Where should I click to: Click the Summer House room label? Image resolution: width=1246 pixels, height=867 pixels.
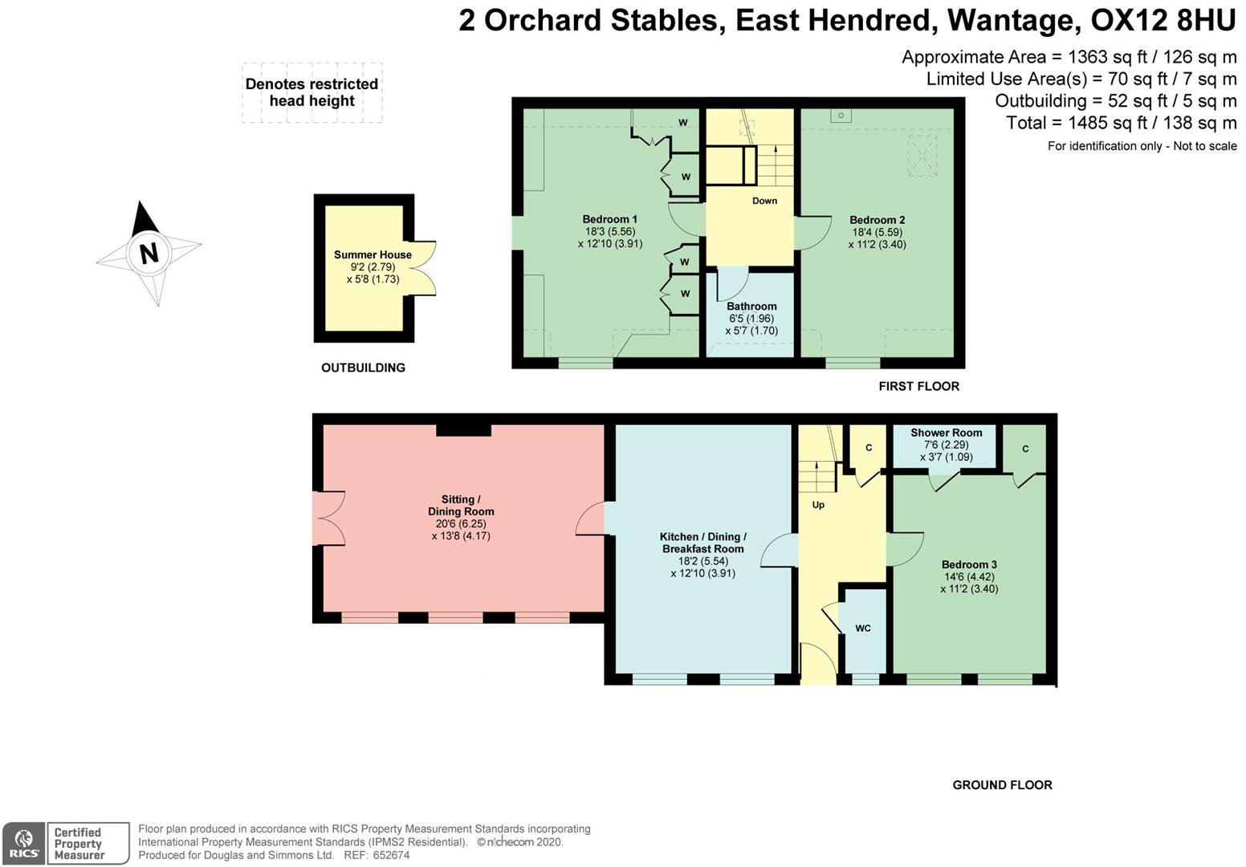pyautogui.click(x=373, y=255)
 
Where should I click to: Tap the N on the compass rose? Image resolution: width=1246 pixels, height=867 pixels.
pyautogui.click(x=149, y=254)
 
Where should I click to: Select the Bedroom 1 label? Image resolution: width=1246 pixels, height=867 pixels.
pyautogui.click(x=609, y=220)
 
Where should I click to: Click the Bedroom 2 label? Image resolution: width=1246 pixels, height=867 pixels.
pyautogui.click(x=877, y=220)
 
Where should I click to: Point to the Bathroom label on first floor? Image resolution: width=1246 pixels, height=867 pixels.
pyautogui.click(x=751, y=307)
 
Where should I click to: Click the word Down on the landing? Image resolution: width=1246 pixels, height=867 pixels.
pyautogui.click(x=764, y=201)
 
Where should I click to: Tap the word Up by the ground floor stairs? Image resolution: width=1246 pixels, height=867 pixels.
pyautogui.click(x=818, y=505)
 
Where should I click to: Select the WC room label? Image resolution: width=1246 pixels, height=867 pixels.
pyautogui.click(x=862, y=629)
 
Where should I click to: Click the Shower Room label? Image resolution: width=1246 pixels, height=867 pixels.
pyautogui.click(x=946, y=433)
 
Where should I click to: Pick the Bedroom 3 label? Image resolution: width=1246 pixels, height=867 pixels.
pyautogui.click(x=969, y=565)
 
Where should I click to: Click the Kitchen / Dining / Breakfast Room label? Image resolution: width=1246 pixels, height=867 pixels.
pyautogui.click(x=702, y=543)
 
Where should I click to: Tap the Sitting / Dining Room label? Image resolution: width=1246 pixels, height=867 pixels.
pyautogui.click(x=461, y=506)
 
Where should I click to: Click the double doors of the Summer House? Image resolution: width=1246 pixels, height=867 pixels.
pyautogui.click(x=423, y=268)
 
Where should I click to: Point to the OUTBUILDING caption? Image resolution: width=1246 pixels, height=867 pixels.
pyautogui.click(x=363, y=368)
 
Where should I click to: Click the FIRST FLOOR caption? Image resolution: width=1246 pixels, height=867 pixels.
pyautogui.click(x=918, y=386)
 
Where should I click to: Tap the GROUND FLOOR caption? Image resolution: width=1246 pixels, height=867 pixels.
pyautogui.click(x=1002, y=785)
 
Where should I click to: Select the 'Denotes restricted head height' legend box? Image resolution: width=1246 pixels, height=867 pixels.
pyautogui.click(x=311, y=92)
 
